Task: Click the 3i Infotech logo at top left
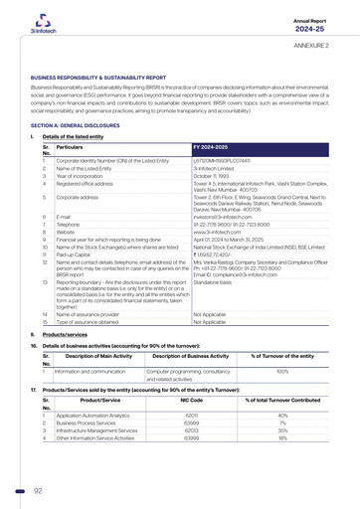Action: (39, 23)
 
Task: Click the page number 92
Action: (38, 490)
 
